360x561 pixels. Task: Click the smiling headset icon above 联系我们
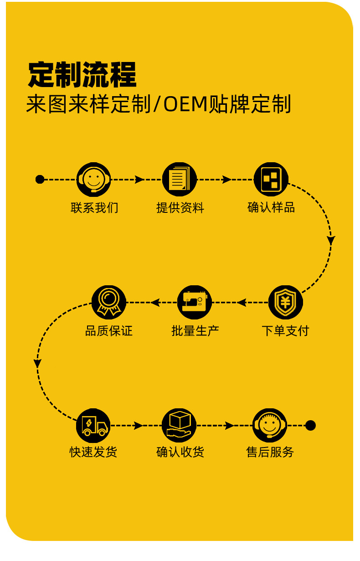pos(94,179)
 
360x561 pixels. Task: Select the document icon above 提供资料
pos(180,179)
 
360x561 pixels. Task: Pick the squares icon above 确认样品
pos(271,179)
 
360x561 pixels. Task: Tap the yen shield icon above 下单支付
pos(285,302)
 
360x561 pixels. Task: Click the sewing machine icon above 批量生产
pos(195,302)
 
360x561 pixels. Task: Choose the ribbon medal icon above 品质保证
pos(108,302)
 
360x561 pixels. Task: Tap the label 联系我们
pos(94,208)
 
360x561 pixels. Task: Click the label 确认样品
pos(271,208)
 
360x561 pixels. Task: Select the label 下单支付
pos(285,331)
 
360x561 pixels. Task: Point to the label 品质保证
pos(109,331)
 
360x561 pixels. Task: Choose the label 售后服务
pos(270,453)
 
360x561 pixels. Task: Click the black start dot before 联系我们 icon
pos(40,179)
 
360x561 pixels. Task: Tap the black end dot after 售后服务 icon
pos(310,426)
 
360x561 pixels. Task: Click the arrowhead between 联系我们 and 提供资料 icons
pos(139,179)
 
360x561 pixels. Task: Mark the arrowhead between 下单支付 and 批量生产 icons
pos(242,302)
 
